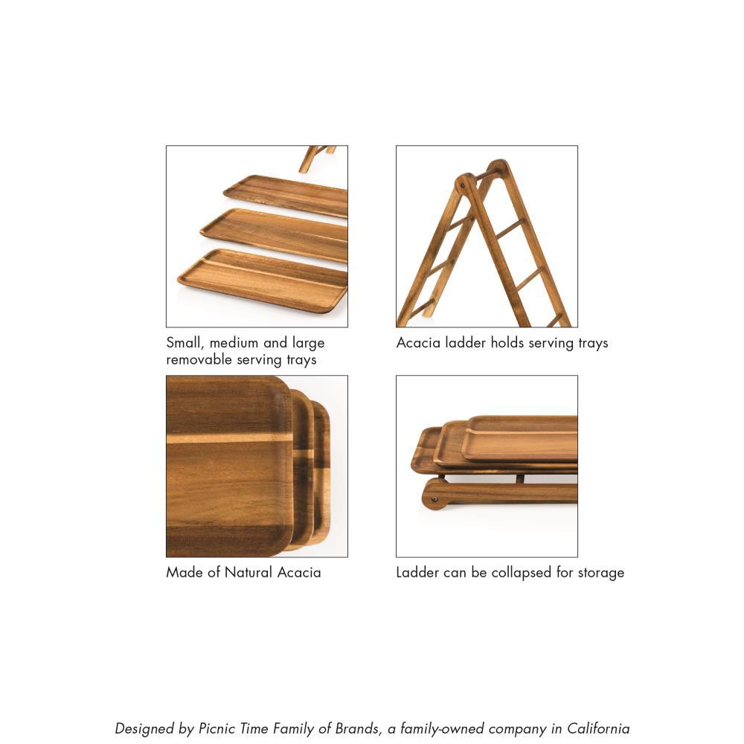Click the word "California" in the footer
598,729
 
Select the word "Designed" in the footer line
145,729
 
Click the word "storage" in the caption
599,573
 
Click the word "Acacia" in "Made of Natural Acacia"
298,573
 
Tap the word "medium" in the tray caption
234,343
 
